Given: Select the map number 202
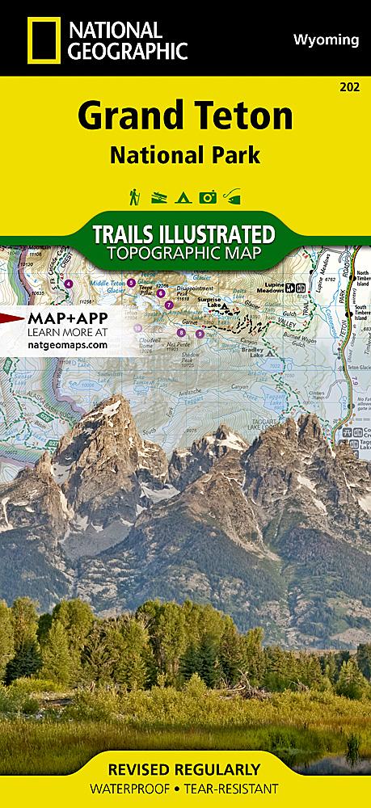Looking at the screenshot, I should click(351, 86).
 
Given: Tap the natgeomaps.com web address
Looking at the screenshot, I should click(67, 343).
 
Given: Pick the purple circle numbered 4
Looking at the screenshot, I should click(69, 284).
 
